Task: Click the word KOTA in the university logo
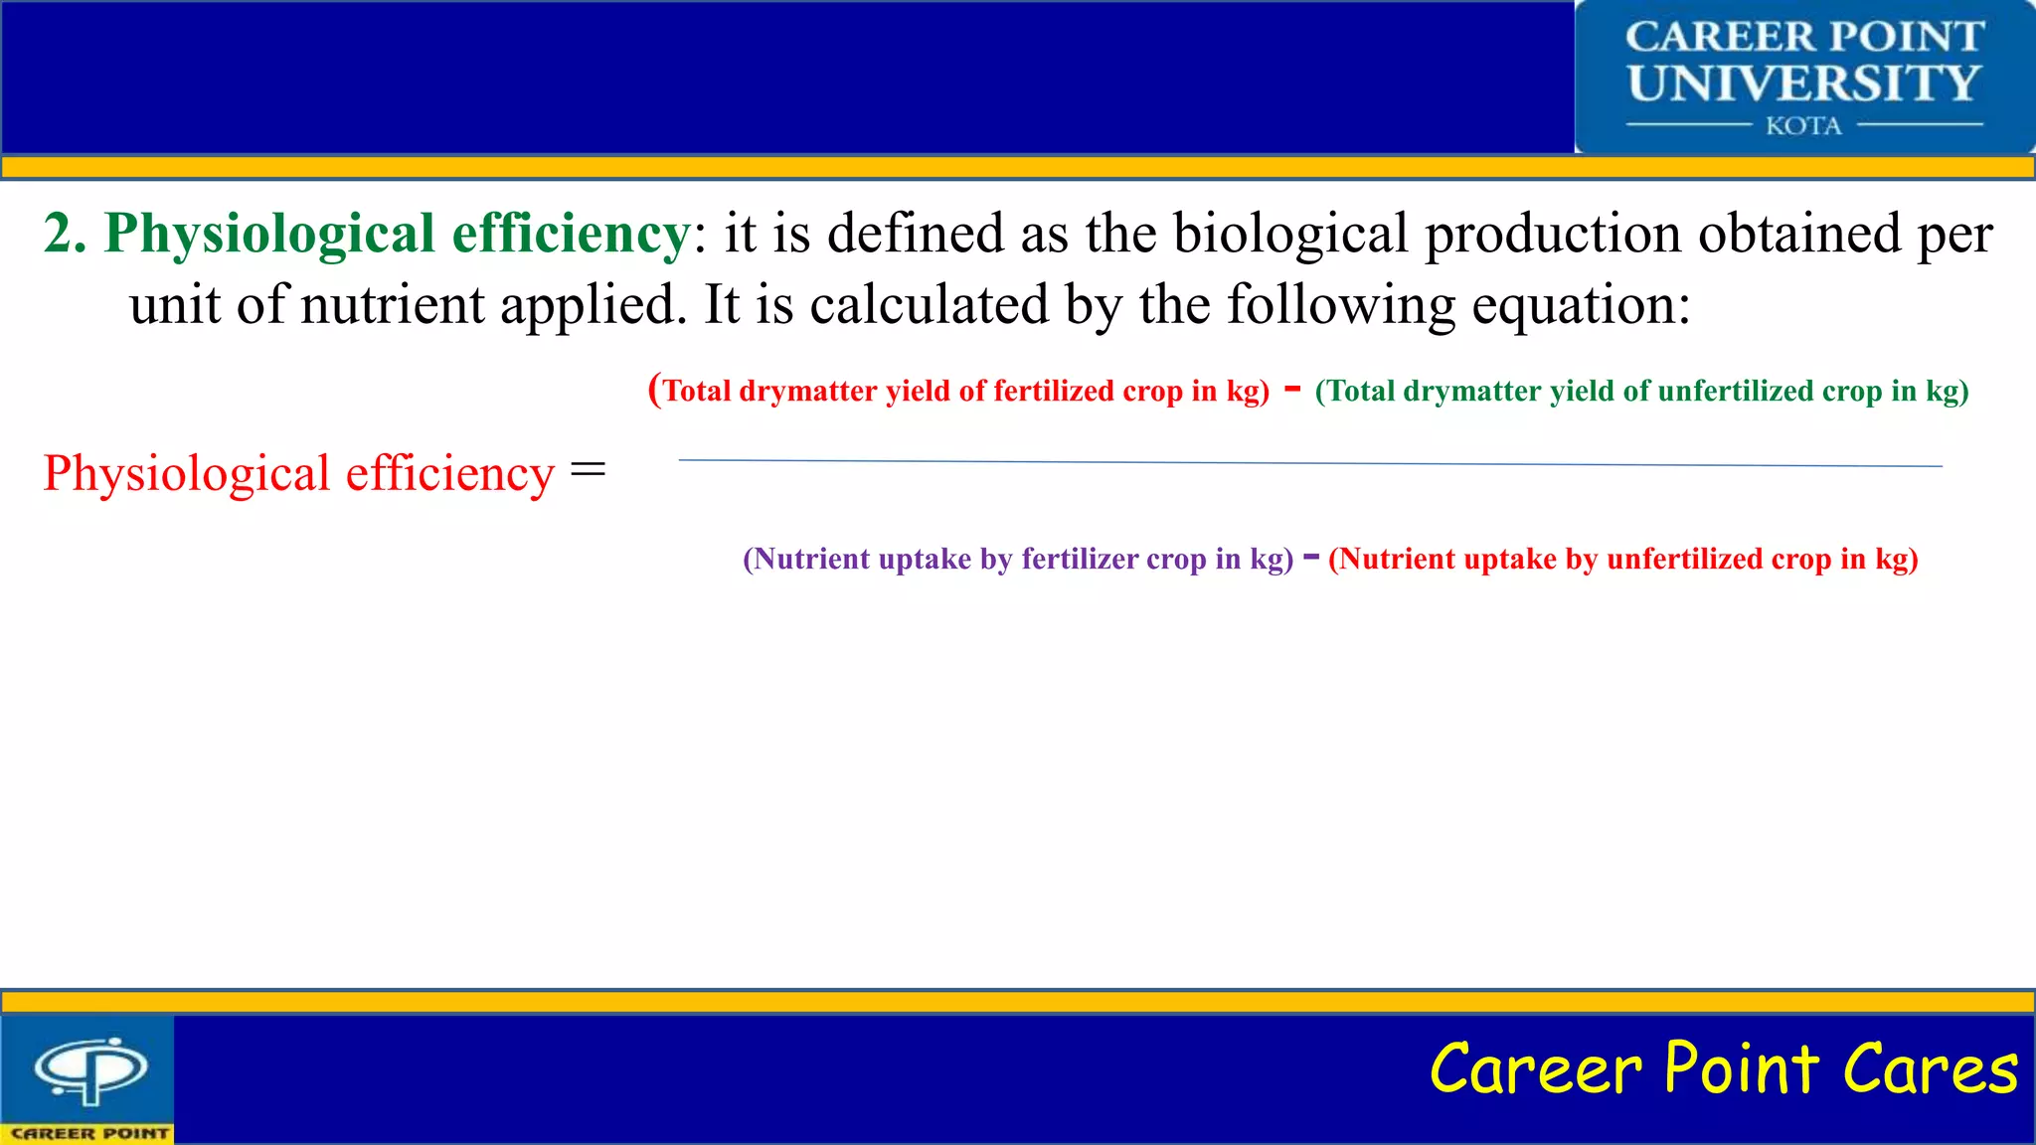[1803, 126]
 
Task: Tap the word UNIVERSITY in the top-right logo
[1803, 83]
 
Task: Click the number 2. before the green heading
[66, 235]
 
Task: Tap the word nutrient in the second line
[392, 306]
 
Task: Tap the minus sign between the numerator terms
[1292, 389]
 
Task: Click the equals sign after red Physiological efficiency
[588, 470]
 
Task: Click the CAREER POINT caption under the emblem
[89, 1134]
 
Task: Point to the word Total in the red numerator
[697, 392]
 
